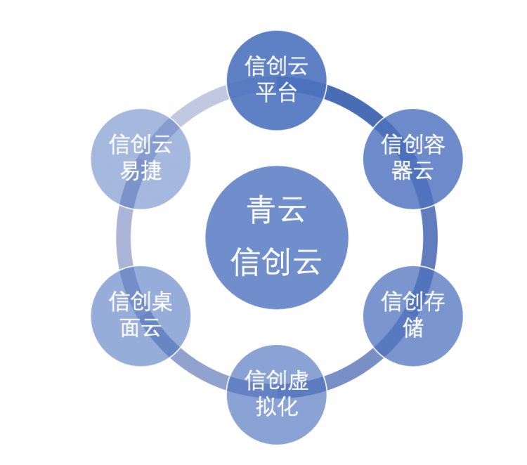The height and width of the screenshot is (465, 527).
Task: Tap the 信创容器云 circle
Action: (412, 159)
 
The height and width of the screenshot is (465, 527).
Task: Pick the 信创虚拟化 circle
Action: (277, 394)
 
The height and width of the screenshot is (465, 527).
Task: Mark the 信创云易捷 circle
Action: (141, 159)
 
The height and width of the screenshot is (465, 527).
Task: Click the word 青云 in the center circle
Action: (277, 210)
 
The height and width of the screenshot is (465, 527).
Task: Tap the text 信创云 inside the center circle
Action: (277, 261)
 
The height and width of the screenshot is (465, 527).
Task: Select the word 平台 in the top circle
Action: (277, 92)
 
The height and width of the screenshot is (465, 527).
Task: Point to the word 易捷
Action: (141, 171)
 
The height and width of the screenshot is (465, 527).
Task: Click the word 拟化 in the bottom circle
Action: (277, 406)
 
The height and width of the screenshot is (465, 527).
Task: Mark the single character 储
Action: (413, 327)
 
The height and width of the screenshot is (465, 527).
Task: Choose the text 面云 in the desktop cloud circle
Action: (141, 327)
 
